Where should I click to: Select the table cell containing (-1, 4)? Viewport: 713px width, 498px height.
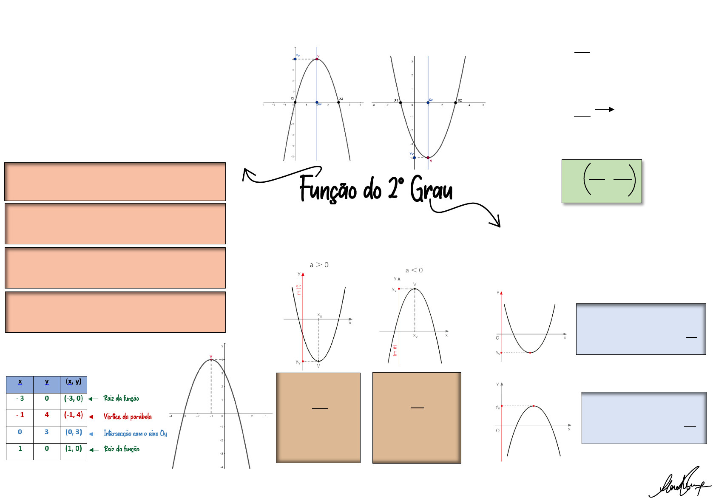pyautogui.click(x=74, y=415)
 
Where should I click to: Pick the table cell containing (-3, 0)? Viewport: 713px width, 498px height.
pyautogui.click(x=74, y=399)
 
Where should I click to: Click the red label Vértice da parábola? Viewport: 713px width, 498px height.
pyautogui.click(x=128, y=416)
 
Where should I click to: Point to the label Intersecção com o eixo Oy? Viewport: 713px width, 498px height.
pyautogui.click(x=135, y=433)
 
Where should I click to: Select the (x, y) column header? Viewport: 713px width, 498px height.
pyautogui.click(x=74, y=382)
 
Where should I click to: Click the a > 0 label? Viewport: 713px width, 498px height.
pyautogui.click(x=319, y=265)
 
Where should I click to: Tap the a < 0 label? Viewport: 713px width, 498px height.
pyautogui.click(x=414, y=270)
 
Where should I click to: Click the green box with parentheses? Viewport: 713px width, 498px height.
pyautogui.click(x=602, y=181)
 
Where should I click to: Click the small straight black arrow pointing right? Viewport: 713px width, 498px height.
pyautogui.click(x=605, y=110)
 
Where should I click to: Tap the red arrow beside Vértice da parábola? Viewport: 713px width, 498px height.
pyautogui.click(x=94, y=417)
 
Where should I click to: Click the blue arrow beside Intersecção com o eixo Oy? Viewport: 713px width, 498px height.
pyautogui.click(x=94, y=434)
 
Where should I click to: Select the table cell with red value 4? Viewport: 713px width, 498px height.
pyautogui.click(x=47, y=415)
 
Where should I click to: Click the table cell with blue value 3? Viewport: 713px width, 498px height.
pyautogui.click(x=47, y=432)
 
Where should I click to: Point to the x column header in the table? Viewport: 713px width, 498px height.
pyautogui.click(x=20, y=382)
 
